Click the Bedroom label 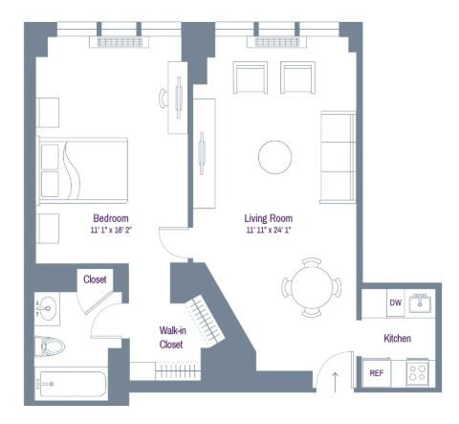click(111, 218)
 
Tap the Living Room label click(269, 218)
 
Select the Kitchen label click(397, 338)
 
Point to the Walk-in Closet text click(172, 337)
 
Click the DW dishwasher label click(395, 302)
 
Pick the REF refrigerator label click(377, 373)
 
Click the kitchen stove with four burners click(418, 372)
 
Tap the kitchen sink click(420, 302)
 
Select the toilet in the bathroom click(50, 346)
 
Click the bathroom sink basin click(46, 308)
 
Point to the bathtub click(71, 384)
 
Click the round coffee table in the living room click(275, 157)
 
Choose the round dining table click(312, 287)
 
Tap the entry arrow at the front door click(335, 381)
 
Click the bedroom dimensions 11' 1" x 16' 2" click(111, 230)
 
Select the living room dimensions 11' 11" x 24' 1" click(269, 230)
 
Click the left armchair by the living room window click(251, 78)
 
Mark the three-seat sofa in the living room click(338, 157)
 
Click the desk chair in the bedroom click(164, 99)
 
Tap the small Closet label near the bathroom click(95, 279)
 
